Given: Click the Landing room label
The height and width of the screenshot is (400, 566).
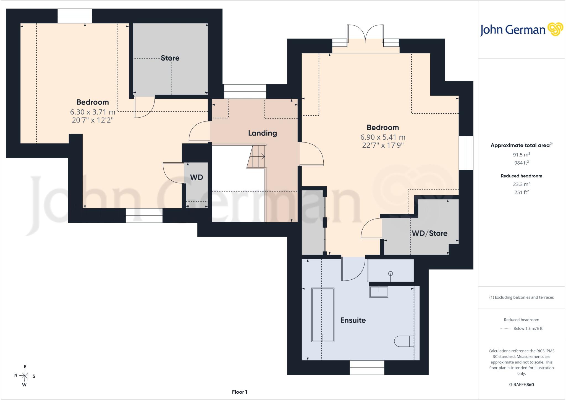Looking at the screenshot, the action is (x=262, y=133).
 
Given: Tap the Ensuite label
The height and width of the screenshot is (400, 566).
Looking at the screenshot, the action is (x=353, y=320).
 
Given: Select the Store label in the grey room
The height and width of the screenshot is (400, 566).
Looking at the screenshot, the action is (x=170, y=58).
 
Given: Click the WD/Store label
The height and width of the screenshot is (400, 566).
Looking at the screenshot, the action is (x=429, y=233).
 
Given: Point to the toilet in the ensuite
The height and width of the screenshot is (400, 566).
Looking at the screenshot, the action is (x=404, y=341).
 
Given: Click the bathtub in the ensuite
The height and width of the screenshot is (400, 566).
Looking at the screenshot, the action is (x=323, y=315).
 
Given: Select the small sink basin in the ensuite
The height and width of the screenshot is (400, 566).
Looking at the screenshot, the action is (x=379, y=292).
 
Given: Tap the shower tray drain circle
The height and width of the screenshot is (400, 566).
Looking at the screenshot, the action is (x=391, y=274).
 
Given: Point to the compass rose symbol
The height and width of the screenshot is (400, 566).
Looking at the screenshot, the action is (x=25, y=376).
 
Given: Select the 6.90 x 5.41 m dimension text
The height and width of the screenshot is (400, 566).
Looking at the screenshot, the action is (x=383, y=137).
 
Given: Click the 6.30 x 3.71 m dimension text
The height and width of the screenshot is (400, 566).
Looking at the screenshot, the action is (x=93, y=112).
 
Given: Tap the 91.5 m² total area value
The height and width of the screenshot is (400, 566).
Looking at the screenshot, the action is (x=522, y=155).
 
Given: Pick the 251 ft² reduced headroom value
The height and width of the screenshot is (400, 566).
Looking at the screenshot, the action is (x=522, y=192).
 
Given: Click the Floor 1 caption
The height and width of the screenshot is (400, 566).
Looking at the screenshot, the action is (x=240, y=392).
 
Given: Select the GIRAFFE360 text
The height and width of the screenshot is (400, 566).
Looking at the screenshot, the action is (x=522, y=385).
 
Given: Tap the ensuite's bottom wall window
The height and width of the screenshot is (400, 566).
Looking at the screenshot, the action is (x=367, y=368).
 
